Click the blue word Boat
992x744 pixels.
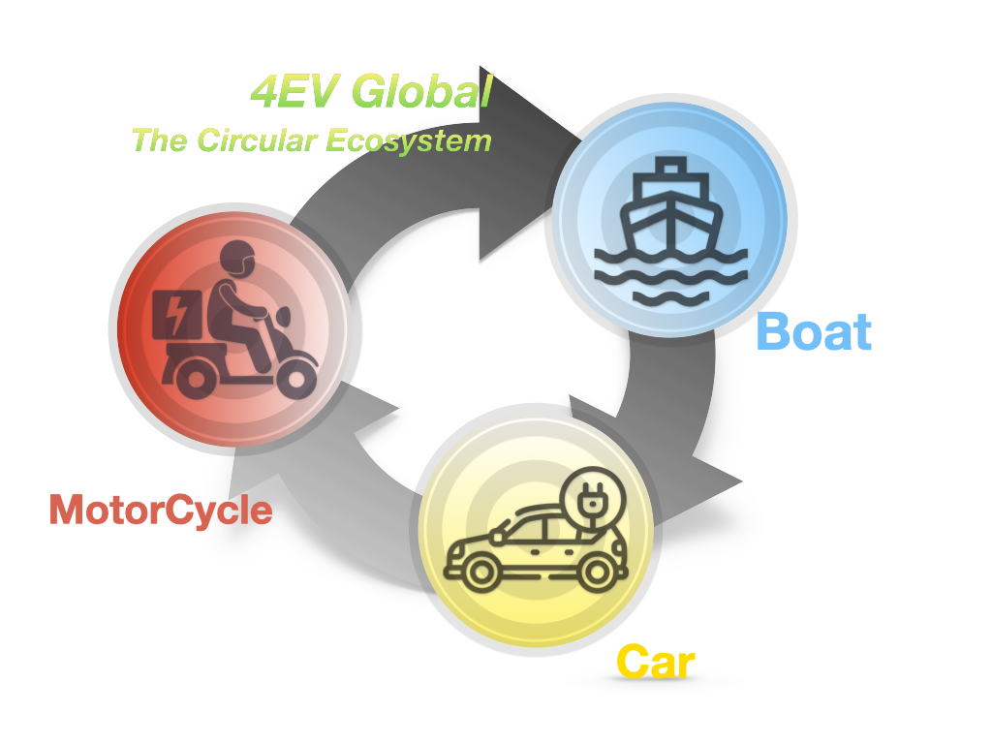point(814,332)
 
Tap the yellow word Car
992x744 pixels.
point(656,664)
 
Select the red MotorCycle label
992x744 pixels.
point(161,510)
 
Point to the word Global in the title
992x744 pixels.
point(421,93)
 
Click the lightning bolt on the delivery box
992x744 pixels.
point(179,314)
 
